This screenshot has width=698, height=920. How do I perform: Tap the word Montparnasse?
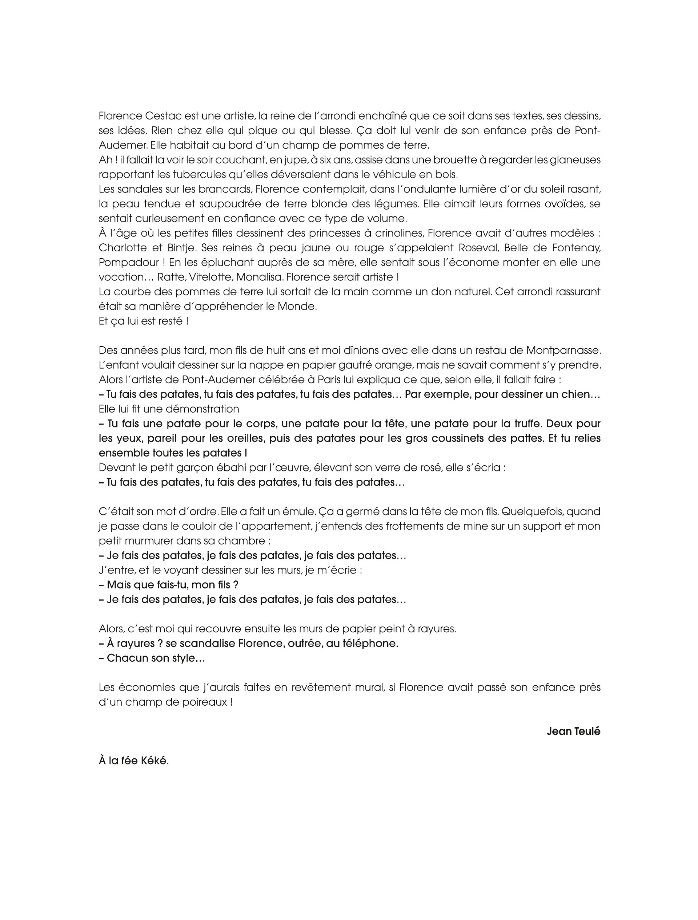pyautogui.click(x=563, y=350)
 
